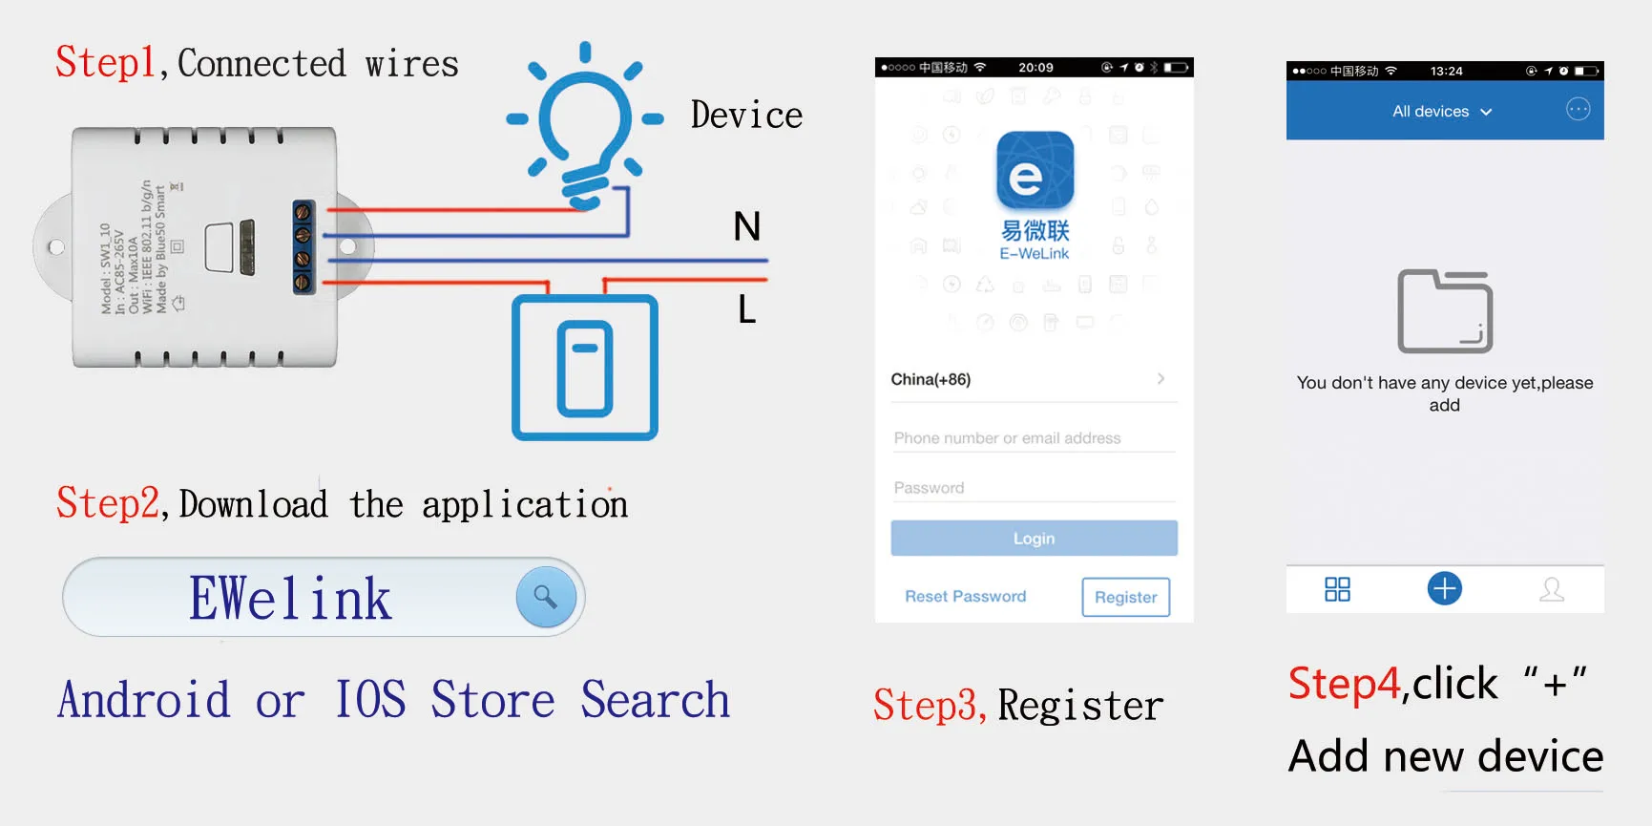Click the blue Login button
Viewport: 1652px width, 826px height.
(x=1034, y=539)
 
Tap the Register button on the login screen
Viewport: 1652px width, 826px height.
(x=1125, y=597)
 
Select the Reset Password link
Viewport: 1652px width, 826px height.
(x=965, y=596)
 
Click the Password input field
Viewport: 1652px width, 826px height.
(x=1033, y=488)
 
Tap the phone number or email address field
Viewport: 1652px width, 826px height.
(x=1033, y=438)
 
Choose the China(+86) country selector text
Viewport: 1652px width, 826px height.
(x=931, y=379)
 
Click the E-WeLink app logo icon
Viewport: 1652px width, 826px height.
(x=1035, y=171)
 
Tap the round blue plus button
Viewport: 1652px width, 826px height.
(x=1444, y=588)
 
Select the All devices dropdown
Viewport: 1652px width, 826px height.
(x=1441, y=112)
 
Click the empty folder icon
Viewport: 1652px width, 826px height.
(x=1445, y=311)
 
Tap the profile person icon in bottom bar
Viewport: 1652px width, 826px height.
(x=1552, y=589)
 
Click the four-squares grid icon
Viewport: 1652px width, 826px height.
(x=1337, y=589)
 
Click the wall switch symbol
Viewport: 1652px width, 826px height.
(x=585, y=368)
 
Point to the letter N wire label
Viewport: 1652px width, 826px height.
(x=746, y=227)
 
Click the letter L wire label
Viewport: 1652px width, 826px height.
(x=746, y=309)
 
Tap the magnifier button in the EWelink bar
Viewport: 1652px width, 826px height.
(x=546, y=597)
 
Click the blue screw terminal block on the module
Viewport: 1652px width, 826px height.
(x=303, y=247)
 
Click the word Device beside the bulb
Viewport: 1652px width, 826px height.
(x=746, y=116)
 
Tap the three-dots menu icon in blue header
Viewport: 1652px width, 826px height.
(x=1578, y=110)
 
